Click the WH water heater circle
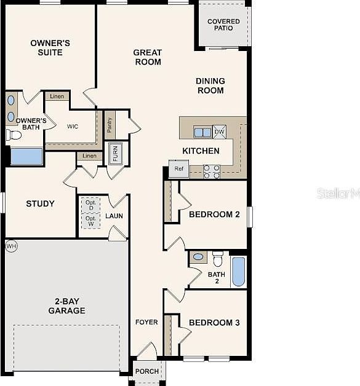(10, 246)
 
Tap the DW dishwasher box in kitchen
(220, 131)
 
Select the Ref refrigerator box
(179, 169)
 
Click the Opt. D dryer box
(90, 205)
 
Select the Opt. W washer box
(90, 221)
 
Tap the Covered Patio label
(223, 25)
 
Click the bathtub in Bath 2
(239, 271)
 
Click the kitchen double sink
(202, 132)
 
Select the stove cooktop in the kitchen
(212, 171)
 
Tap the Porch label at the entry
(147, 371)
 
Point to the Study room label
(40, 203)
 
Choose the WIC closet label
(73, 127)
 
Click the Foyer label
(146, 322)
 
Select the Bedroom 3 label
(214, 323)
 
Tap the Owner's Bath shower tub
(27, 156)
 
